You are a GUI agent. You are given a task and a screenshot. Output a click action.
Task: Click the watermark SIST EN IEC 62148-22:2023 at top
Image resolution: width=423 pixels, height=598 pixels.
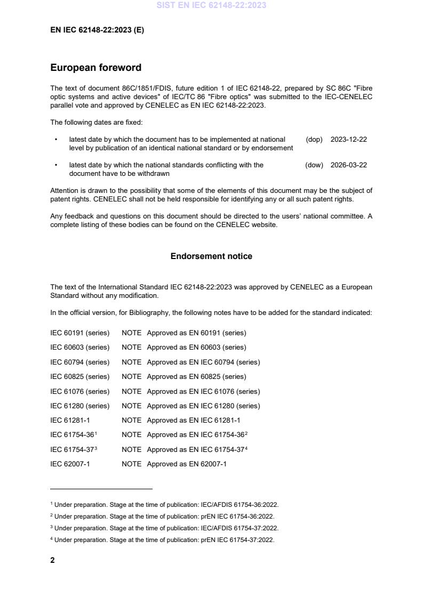[x=211, y=5]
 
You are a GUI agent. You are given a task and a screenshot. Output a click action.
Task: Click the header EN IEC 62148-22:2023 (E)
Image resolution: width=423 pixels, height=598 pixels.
[x=97, y=30]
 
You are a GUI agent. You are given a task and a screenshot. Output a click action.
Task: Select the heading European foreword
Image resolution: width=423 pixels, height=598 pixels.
[x=95, y=68]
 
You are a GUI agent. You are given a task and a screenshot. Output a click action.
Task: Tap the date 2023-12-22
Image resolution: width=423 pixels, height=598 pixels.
[x=348, y=140]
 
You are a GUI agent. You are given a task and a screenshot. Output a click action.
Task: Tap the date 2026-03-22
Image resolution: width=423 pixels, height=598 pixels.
[x=348, y=165]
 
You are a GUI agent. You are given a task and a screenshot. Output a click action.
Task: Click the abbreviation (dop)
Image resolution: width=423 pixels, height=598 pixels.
[x=314, y=140]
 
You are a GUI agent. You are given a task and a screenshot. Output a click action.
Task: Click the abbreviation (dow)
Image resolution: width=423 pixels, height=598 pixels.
[x=314, y=165]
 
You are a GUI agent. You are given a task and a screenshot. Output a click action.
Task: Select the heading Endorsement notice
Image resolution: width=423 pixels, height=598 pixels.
[x=211, y=256]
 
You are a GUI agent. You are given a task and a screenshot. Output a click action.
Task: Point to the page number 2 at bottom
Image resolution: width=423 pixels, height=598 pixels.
[x=52, y=560]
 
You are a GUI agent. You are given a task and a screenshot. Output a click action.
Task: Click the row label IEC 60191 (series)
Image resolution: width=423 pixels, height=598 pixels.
[x=79, y=333]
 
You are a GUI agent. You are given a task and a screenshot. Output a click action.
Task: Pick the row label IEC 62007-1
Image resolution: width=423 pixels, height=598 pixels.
[x=70, y=464]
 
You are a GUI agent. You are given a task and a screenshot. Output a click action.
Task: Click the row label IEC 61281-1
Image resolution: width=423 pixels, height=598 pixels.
[x=70, y=421]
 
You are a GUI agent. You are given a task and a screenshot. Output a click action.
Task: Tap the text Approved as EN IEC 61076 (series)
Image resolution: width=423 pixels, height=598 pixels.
[x=203, y=391]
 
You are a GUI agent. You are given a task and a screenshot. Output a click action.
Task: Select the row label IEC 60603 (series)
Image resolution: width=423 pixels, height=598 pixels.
[x=79, y=348]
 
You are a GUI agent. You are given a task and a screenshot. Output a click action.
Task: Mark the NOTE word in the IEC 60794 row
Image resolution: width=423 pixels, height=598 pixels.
[x=131, y=362]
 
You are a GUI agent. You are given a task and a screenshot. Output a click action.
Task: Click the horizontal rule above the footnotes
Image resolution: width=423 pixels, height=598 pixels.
[x=101, y=489]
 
